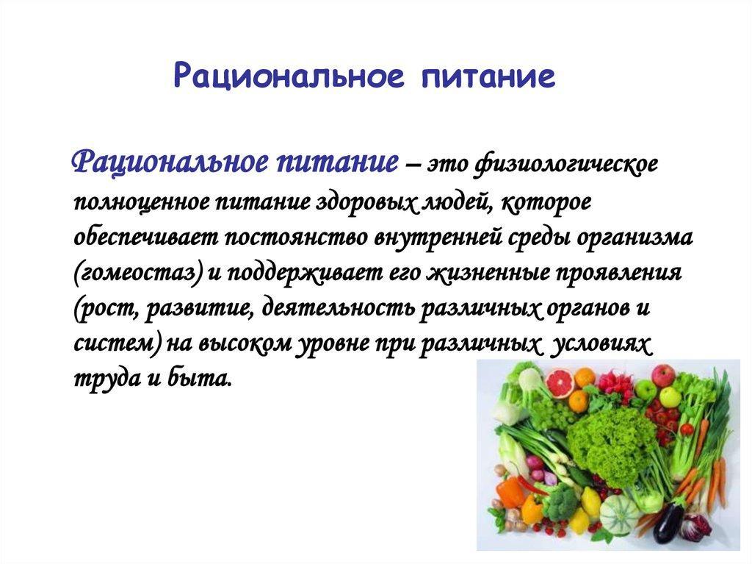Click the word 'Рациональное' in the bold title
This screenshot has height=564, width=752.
pos(289,76)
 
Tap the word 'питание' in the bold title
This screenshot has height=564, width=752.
pos(488,76)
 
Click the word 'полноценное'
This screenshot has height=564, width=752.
pos(142,201)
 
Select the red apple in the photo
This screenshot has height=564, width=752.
pos(663,375)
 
